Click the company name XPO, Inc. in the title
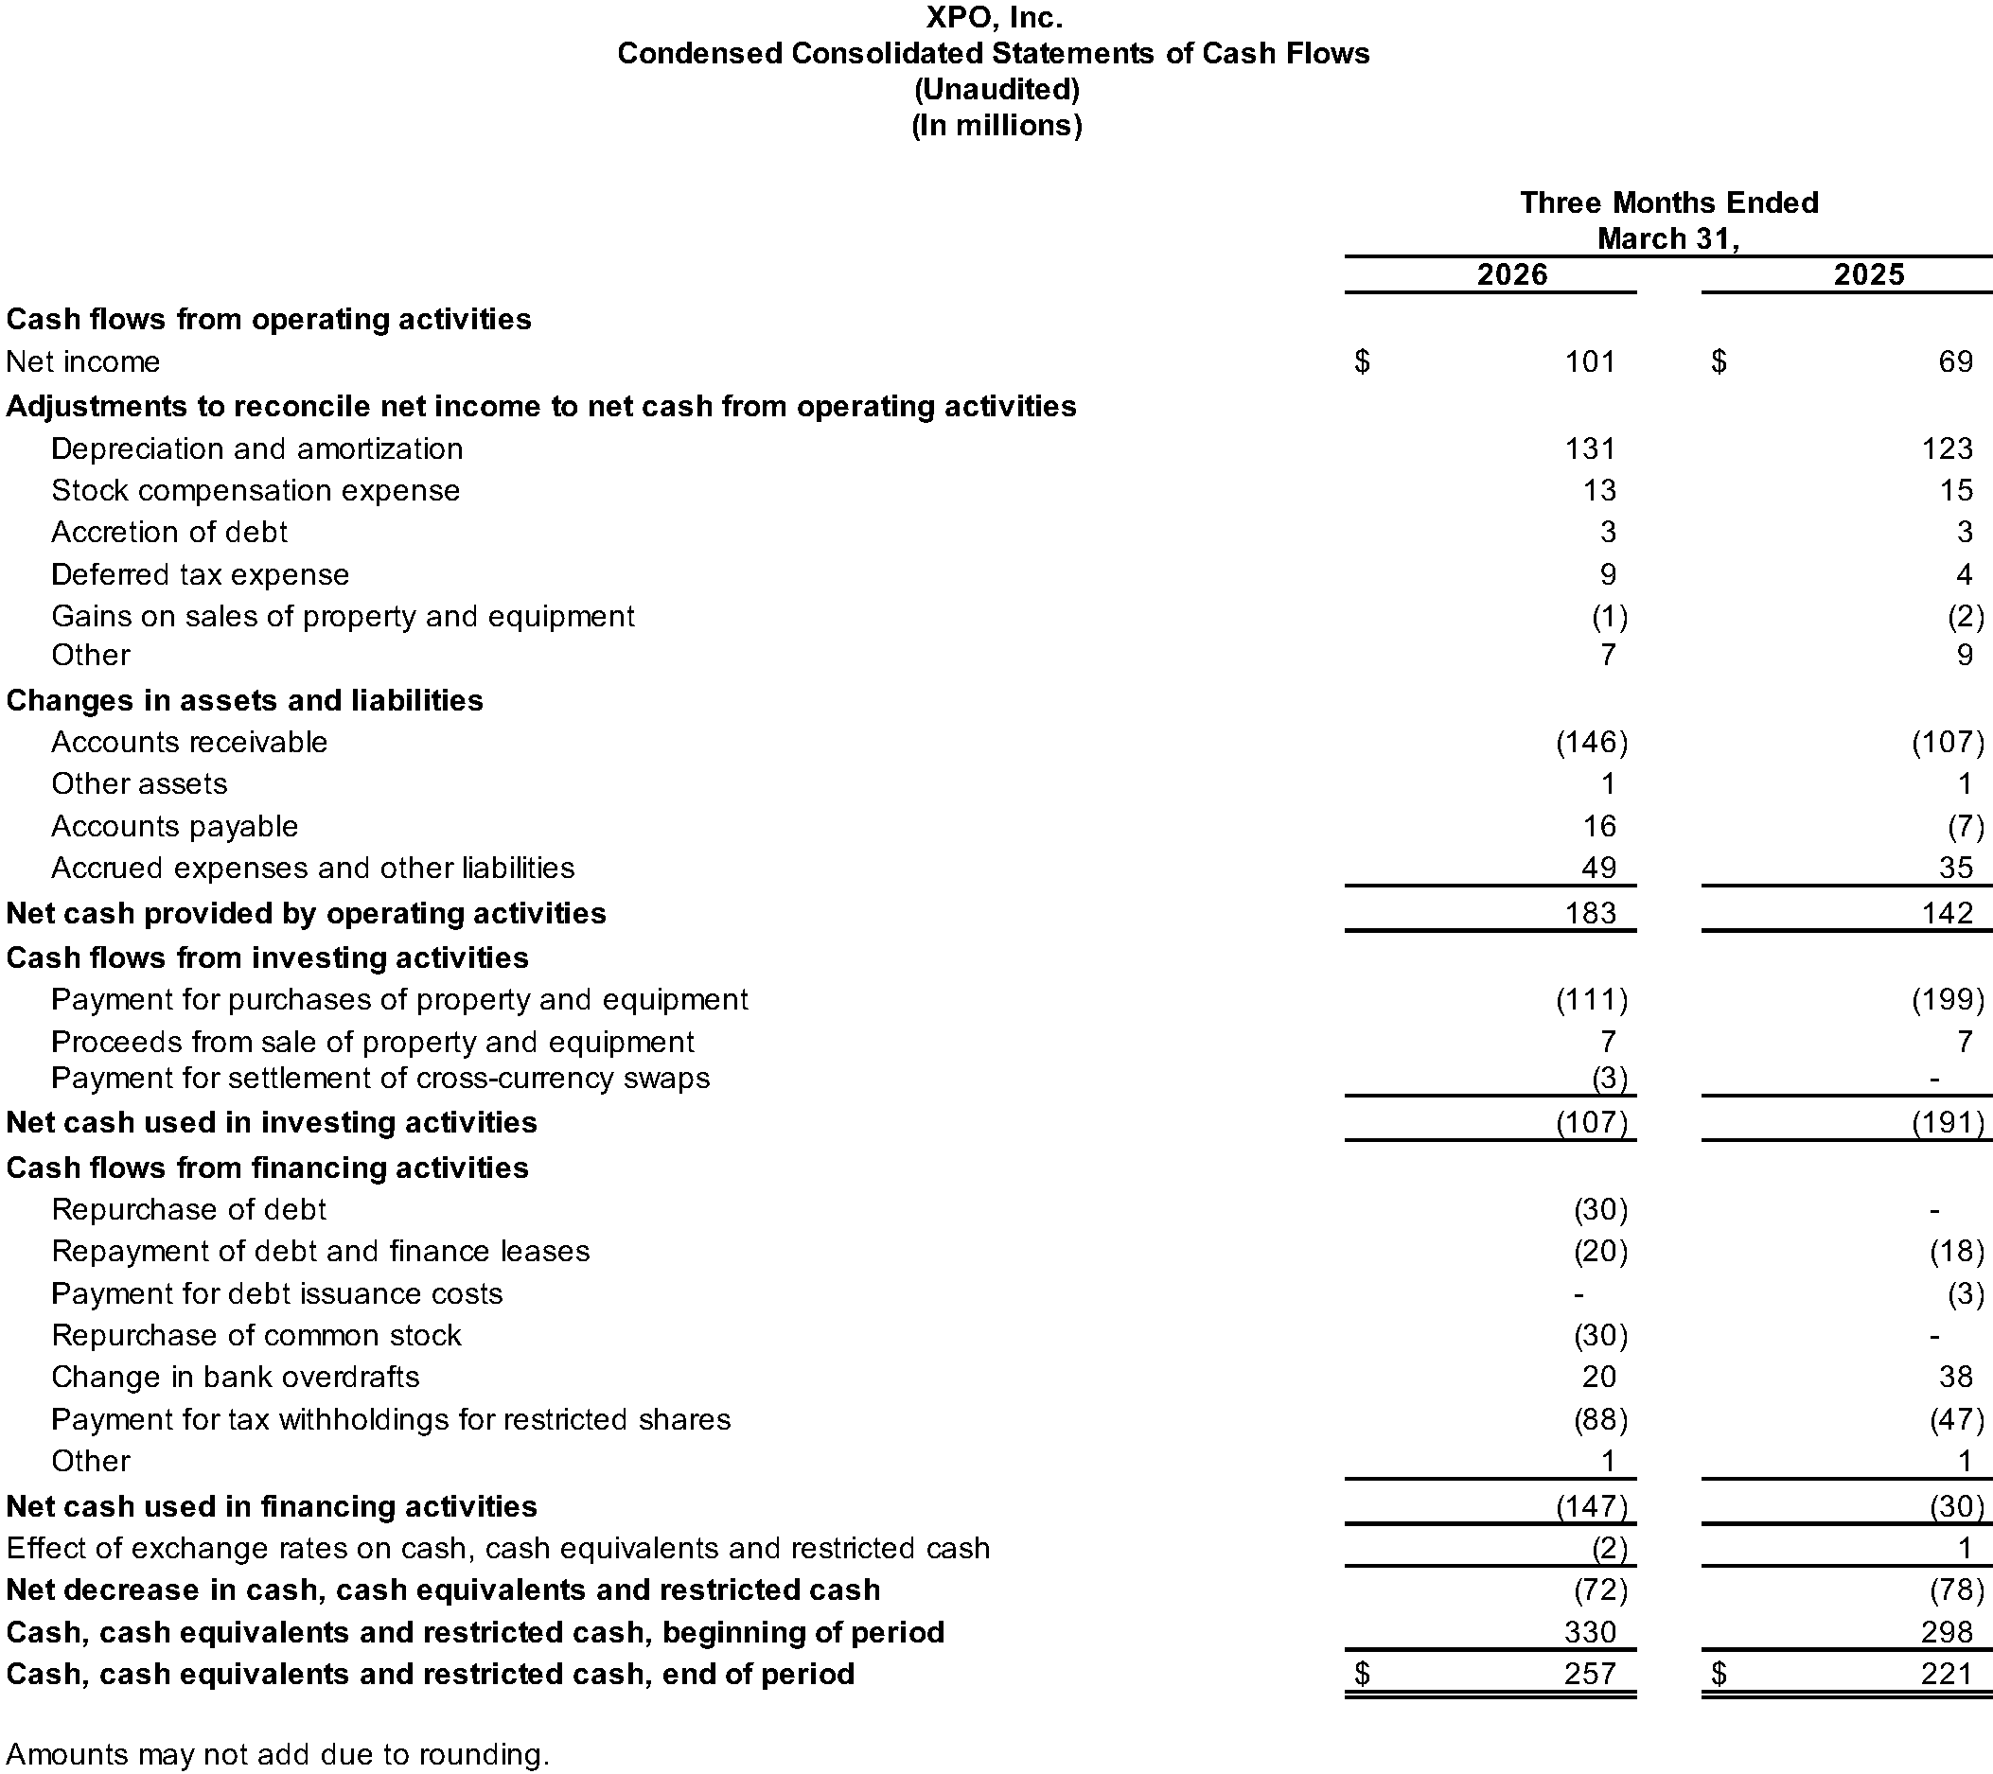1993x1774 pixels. click(x=994, y=18)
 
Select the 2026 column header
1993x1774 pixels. click(x=1511, y=273)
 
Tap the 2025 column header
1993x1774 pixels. click(x=1868, y=273)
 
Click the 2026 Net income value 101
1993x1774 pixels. click(x=1589, y=361)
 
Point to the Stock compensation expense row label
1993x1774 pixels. click(x=256, y=490)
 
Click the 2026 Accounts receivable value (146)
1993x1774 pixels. click(x=1592, y=742)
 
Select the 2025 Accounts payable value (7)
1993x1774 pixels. click(x=1965, y=827)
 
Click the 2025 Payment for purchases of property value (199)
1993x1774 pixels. click(x=1948, y=999)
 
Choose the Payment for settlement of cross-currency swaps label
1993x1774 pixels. click(x=380, y=1078)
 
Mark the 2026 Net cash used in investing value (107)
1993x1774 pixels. click(x=1592, y=1122)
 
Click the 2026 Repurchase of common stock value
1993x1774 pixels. click(x=1600, y=1334)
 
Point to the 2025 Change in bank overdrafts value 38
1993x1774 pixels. click(x=1955, y=1377)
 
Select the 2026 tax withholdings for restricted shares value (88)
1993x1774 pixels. click(x=1600, y=1419)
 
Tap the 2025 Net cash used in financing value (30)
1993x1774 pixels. click(x=1956, y=1506)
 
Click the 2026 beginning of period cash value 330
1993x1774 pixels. click(x=1589, y=1632)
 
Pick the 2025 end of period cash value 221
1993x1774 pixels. click(x=1947, y=1674)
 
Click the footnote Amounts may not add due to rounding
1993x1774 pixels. click(x=278, y=1754)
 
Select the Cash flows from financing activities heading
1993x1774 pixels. click(x=267, y=1168)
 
